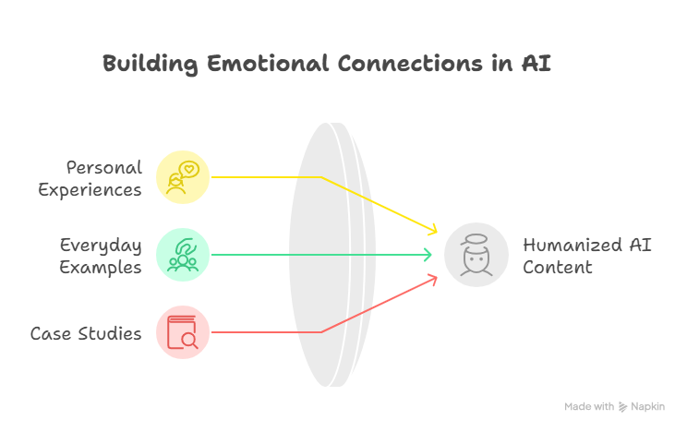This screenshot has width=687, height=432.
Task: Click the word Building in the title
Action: point(150,65)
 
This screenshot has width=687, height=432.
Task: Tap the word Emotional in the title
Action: point(267,63)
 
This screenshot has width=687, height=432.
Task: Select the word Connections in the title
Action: point(410,63)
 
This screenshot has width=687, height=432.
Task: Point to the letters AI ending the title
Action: point(536,63)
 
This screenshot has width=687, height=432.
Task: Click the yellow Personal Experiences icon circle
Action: point(183,177)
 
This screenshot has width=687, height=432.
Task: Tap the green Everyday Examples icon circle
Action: point(183,255)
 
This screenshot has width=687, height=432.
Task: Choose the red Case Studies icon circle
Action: point(183,332)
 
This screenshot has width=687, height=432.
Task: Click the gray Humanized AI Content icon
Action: point(476,255)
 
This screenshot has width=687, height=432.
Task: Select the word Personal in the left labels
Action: point(104,167)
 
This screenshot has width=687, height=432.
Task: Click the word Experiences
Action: point(90,190)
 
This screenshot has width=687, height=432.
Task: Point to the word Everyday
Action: point(101,246)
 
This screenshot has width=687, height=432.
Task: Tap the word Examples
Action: point(101,268)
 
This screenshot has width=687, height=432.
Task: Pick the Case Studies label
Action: point(86,334)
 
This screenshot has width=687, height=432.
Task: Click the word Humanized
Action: point(572,245)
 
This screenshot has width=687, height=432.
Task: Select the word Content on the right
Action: point(558,268)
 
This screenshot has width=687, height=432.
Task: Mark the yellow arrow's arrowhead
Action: point(433,230)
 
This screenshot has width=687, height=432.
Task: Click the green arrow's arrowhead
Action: point(428,255)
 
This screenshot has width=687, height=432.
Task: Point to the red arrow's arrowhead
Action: point(433,280)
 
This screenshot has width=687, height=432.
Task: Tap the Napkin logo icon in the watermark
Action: point(622,407)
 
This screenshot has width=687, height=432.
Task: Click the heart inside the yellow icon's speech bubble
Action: point(189,168)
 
